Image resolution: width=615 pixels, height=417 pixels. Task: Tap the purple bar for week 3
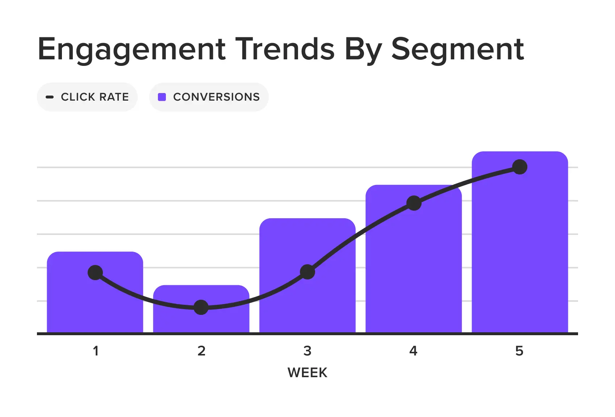[x=307, y=246]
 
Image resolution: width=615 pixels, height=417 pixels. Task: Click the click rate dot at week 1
[x=95, y=273]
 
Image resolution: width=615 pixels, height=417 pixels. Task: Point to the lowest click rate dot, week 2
[x=201, y=307]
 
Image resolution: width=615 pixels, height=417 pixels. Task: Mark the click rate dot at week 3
[x=307, y=272]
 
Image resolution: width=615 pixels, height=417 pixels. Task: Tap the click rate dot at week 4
[x=414, y=203]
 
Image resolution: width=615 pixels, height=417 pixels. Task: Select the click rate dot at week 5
[x=520, y=167]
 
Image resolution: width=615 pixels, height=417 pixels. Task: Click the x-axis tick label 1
[x=96, y=351]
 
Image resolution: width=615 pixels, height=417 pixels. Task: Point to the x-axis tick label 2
[x=201, y=351]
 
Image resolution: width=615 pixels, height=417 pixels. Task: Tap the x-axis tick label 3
[x=307, y=351]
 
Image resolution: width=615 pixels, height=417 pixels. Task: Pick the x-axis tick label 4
[x=413, y=351]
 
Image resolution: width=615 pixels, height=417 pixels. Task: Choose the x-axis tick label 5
[x=519, y=351]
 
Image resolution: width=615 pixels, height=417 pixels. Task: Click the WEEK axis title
[x=307, y=372]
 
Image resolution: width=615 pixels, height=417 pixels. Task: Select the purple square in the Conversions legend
[x=162, y=97]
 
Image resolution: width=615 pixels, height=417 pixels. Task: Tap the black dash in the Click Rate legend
[x=50, y=97]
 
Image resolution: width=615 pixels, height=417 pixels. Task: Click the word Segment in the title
[x=457, y=49]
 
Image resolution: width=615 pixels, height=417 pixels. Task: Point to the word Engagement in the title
[x=132, y=49]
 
